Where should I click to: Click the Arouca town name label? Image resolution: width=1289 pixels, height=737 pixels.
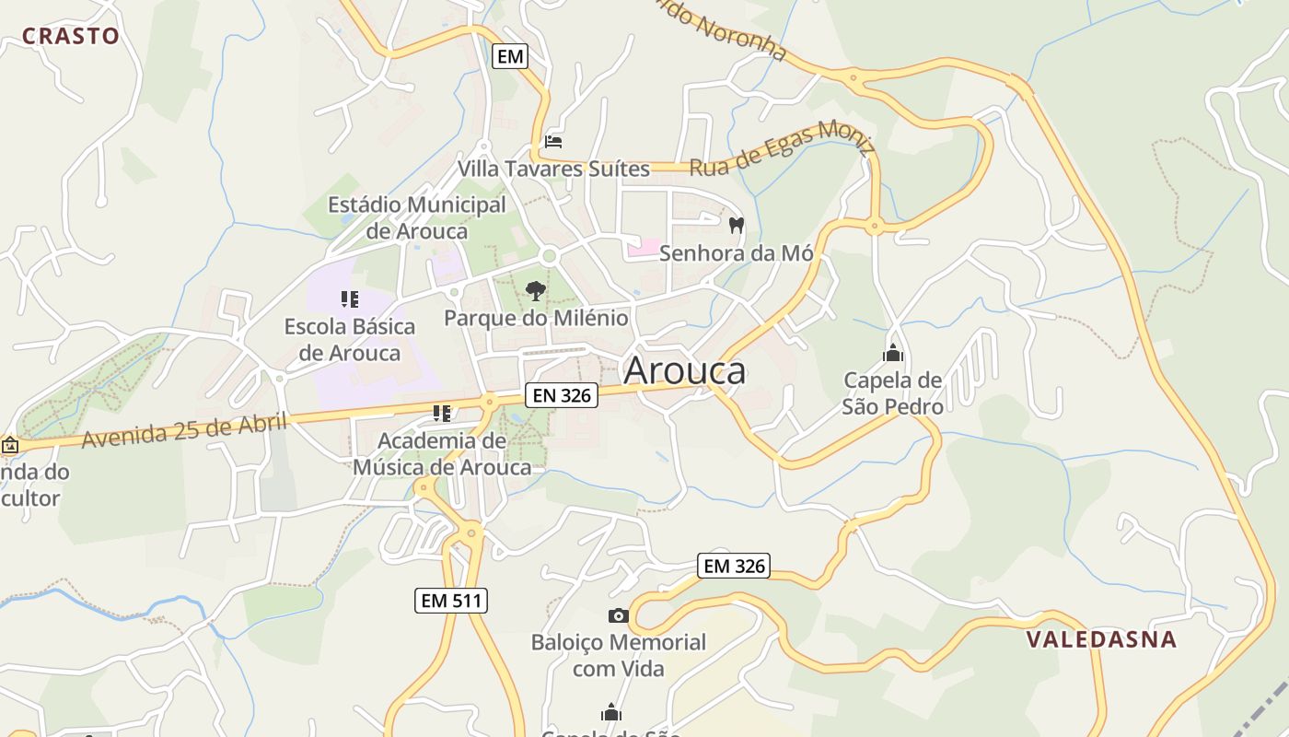pos(684,370)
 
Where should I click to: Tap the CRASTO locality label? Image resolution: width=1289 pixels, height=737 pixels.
pos(71,36)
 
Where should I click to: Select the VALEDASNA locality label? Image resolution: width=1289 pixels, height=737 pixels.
pos(1101,638)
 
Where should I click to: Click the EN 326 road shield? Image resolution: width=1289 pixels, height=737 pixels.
pos(562,395)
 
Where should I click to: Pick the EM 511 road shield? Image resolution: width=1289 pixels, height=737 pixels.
pos(450,601)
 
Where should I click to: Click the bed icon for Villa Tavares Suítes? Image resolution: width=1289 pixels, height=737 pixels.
pos(553,142)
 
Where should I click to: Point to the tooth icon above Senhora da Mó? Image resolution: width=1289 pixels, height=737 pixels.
pos(736,224)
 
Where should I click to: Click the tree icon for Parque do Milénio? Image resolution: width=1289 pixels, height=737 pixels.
pos(535,291)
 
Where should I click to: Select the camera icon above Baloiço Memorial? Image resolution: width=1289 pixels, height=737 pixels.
pos(618,615)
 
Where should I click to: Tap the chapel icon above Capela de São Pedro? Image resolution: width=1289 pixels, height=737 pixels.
pos(892,353)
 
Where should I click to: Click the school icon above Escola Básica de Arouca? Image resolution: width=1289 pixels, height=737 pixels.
pos(349,298)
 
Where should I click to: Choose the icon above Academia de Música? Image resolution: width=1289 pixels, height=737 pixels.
pos(442,413)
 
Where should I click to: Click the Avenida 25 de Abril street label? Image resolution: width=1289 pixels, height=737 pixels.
pos(184,429)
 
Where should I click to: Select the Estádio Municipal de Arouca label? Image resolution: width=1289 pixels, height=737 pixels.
pos(417,217)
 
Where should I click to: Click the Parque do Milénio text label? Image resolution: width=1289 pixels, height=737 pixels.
pos(536,318)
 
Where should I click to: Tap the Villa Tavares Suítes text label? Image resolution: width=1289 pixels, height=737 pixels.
pos(553,169)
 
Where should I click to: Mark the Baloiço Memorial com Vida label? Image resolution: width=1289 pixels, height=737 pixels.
pos(618,655)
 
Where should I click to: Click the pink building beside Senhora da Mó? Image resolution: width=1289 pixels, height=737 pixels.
pos(644,247)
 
